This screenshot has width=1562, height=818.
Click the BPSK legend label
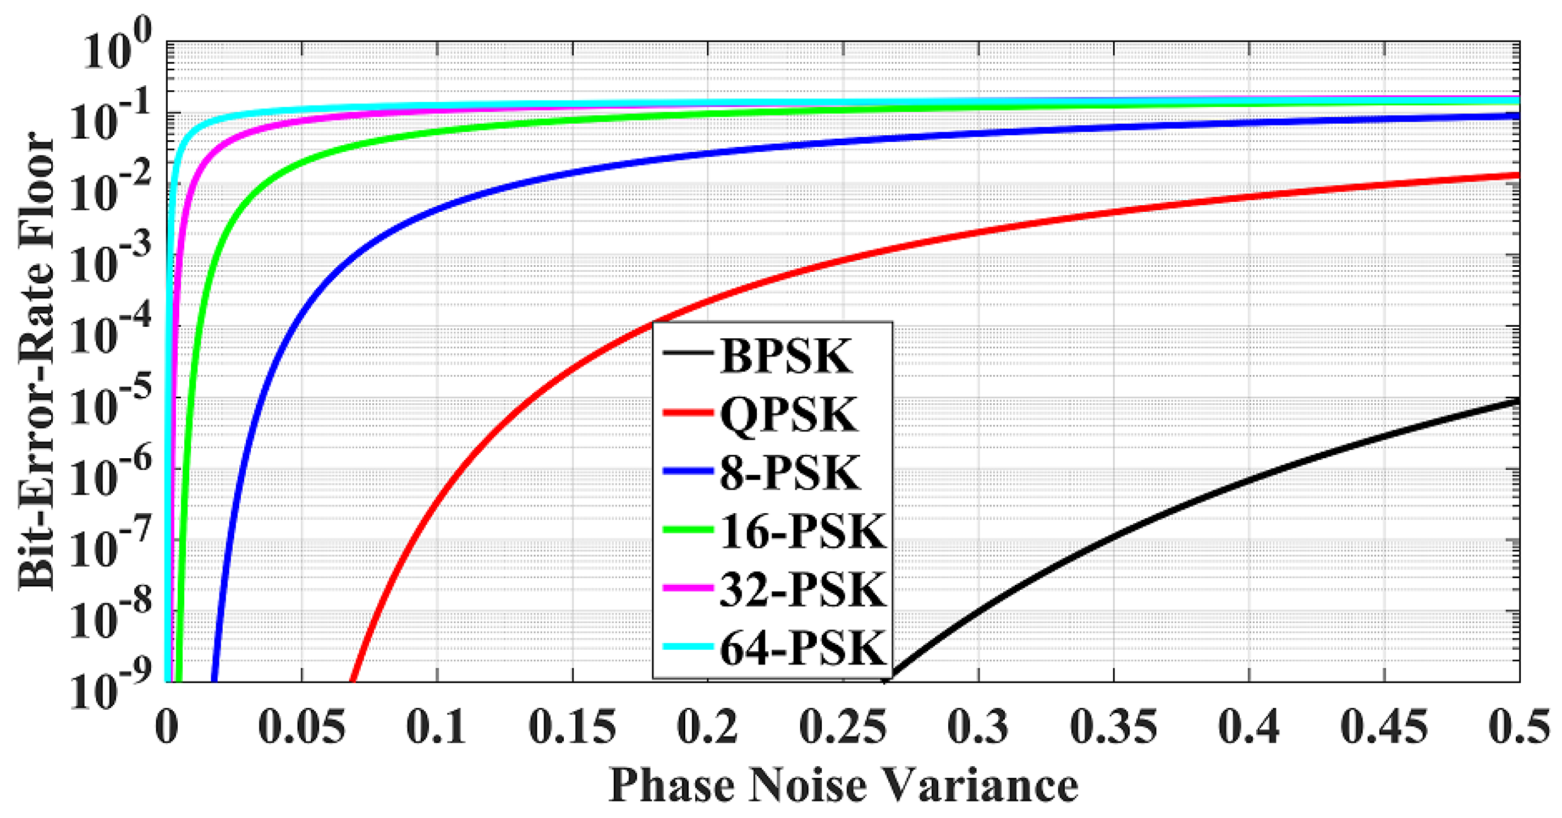(x=786, y=356)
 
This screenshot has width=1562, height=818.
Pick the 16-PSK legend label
(x=803, y=532)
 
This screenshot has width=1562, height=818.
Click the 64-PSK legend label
(x=803, y=647)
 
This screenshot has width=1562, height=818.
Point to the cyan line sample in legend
(x=687, y=646)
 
